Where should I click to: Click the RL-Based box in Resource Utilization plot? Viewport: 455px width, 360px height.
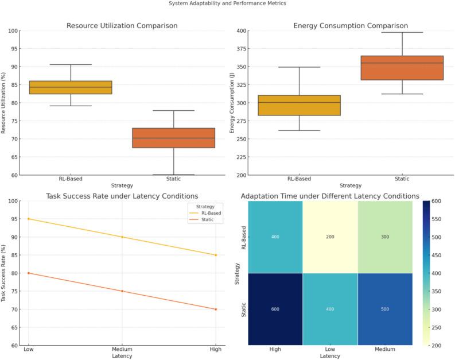tap(71, 87)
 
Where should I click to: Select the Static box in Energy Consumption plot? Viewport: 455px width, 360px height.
tap(402, 68)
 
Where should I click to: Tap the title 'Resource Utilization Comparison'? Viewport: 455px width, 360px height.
tap(122, 26)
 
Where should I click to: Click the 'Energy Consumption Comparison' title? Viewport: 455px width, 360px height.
tap(351, 26)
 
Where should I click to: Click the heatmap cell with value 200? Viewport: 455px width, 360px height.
tap(329, 237)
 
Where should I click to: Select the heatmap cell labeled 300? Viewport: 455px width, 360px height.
tap(385, 237)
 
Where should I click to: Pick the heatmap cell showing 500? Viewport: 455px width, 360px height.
tap(385, 309)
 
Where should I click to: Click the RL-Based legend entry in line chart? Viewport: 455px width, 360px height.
tap(210, 213)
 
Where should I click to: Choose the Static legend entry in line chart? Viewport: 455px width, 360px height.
tap(207, 220)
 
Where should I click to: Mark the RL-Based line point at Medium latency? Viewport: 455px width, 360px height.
tap(122, 237)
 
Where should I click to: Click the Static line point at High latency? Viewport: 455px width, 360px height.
tap(216, 309)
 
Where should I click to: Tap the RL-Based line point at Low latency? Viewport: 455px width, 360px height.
tap(28, 219)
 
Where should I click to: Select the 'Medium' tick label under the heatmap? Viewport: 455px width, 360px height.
tap(385, 350)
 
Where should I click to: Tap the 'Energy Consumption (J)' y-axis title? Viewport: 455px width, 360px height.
tap(232, 103)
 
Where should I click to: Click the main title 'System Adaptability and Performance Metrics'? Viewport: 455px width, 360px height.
tap(227, 3)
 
